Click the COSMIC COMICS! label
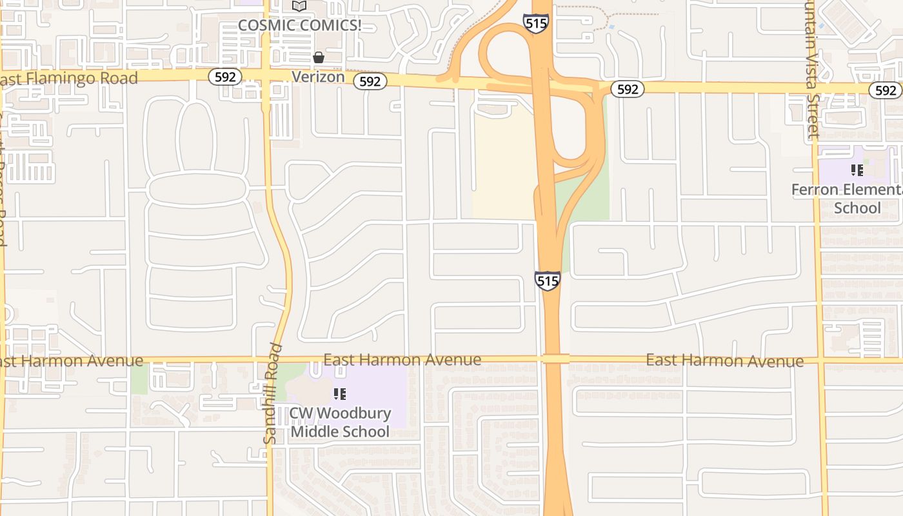coord(299,25)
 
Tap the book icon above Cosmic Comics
coord(299,6)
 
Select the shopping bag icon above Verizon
coord(319,57)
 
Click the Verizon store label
coord(318,77)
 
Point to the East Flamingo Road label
coord(70,79)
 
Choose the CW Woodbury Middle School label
coord(340,422)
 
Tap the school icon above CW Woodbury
coord(340,393)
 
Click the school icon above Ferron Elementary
coord(857,170)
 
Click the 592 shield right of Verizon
coord(370,81)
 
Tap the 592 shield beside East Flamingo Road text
coord(225,77)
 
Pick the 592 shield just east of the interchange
coord(627,89)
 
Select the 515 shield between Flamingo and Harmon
coord(547,281)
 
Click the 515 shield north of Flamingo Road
coord(535,24)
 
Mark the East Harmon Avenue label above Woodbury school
coord(402,360)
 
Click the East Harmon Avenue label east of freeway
coord(725,361)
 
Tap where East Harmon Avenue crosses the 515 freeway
coord(555,359)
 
